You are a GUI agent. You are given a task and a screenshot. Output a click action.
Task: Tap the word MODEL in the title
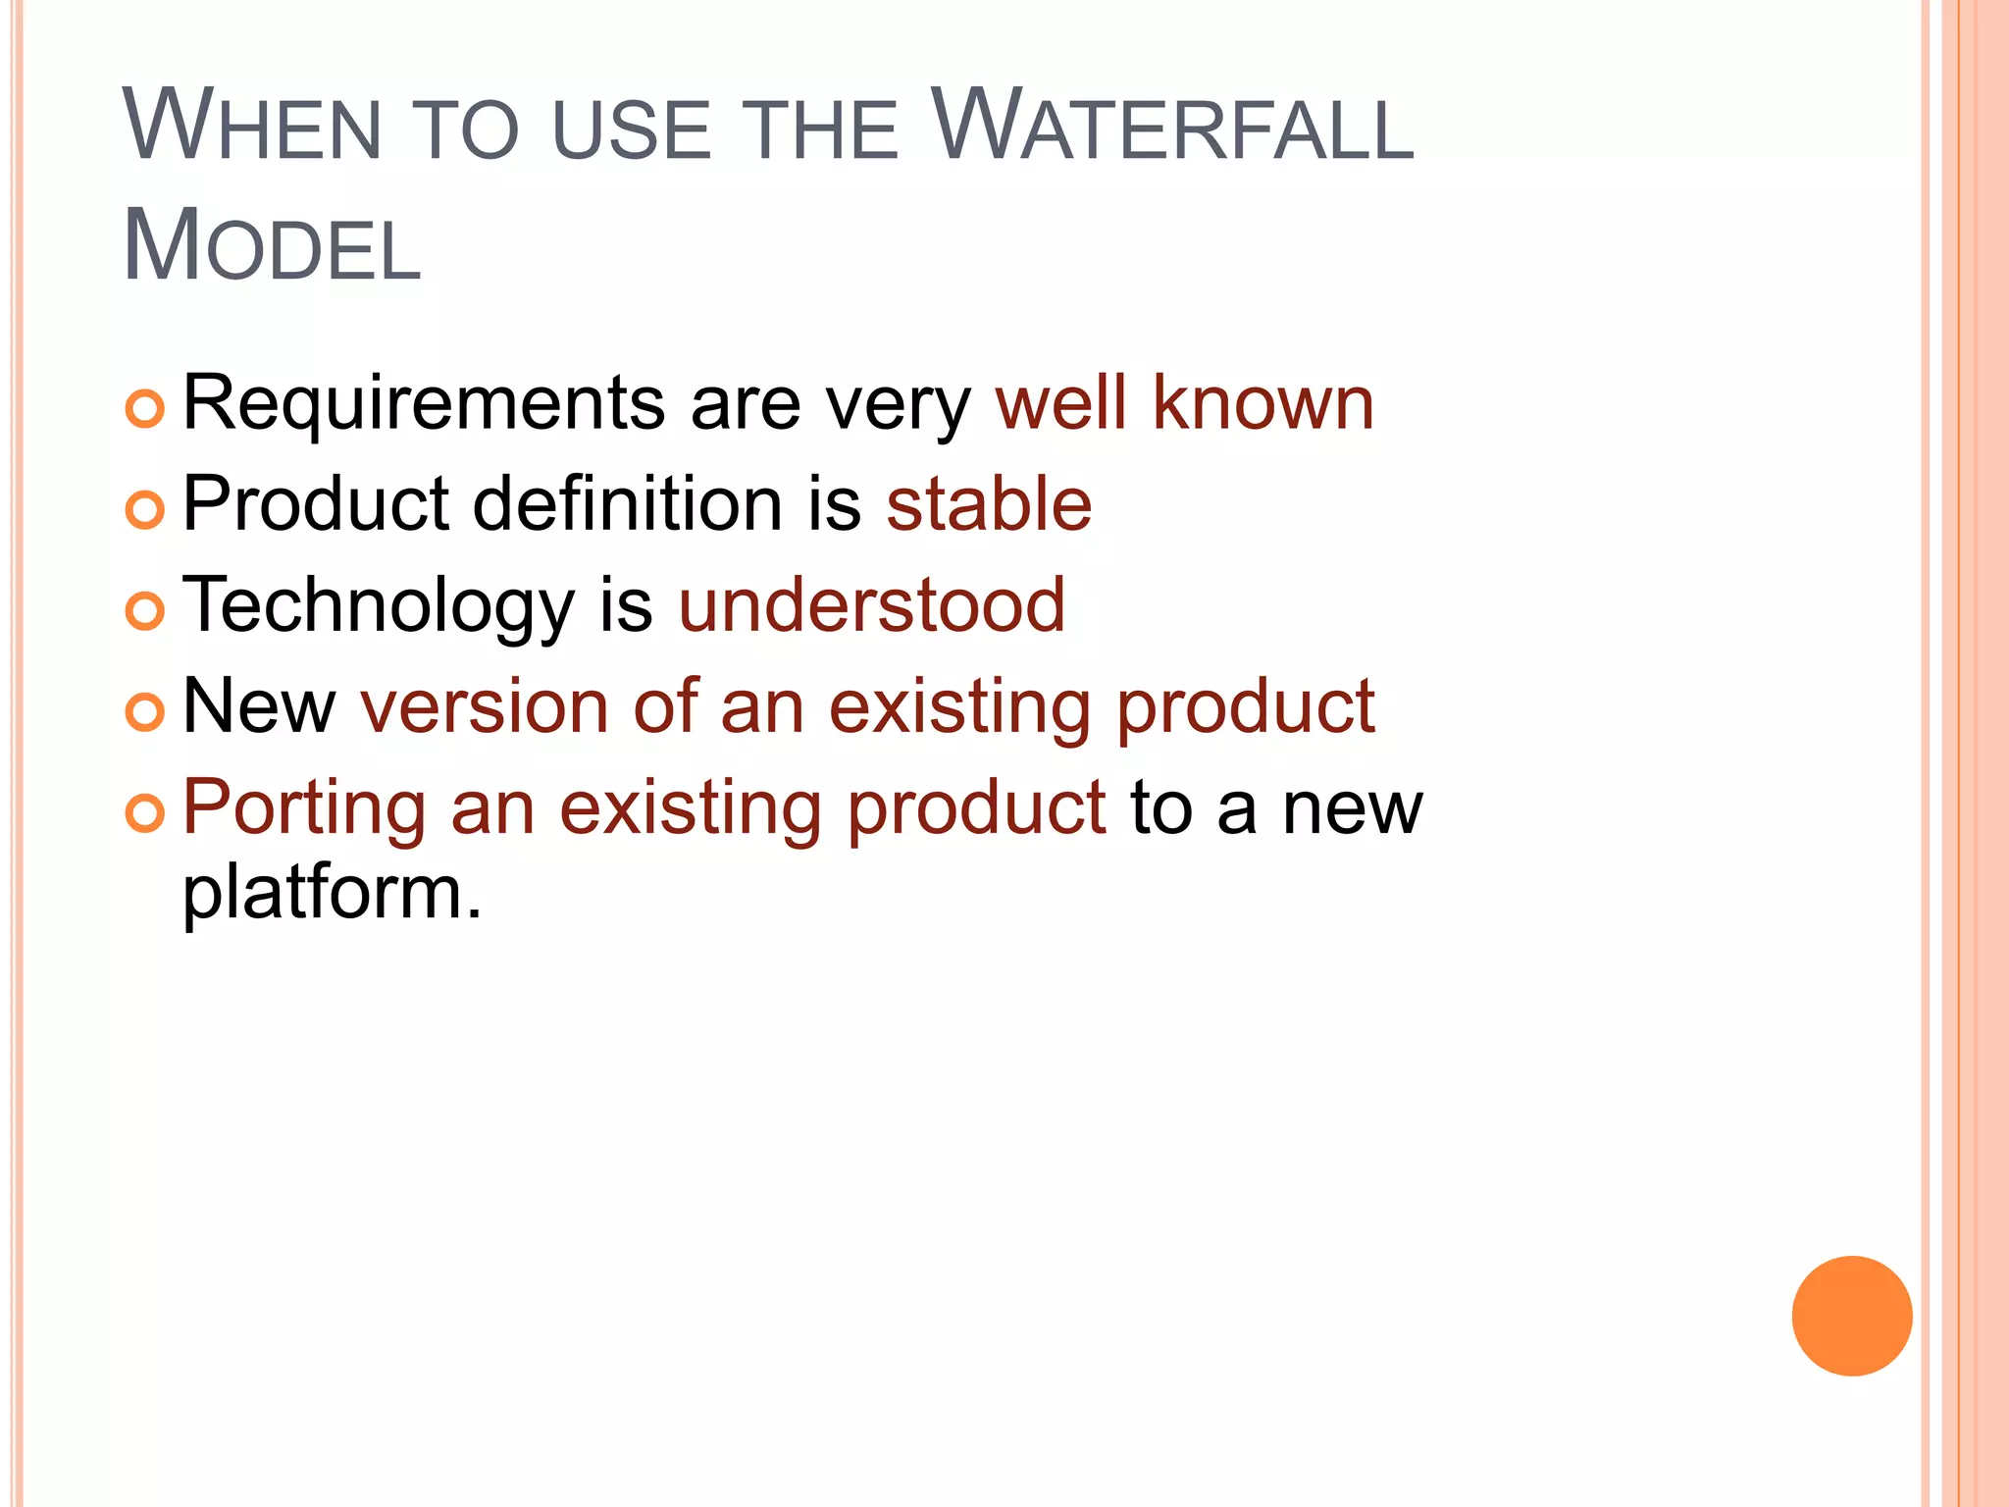point(272,245)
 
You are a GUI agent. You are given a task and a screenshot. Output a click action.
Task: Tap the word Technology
point(379,606)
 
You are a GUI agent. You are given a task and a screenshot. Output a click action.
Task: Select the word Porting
point(304,809)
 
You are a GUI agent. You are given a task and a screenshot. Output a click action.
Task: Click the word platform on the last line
point(332,894)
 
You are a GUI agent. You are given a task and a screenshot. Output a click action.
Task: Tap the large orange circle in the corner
point(1851,1316)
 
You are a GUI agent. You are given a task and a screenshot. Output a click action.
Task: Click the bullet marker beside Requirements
point(145,408)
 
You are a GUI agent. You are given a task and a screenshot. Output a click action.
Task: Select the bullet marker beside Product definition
point(145,509)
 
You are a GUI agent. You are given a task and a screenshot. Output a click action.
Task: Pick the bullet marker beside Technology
point(145,611)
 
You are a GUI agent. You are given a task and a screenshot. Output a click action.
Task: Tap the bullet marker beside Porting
point(145,813)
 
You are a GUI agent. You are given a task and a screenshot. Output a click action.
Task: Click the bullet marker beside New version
point(145,712)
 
